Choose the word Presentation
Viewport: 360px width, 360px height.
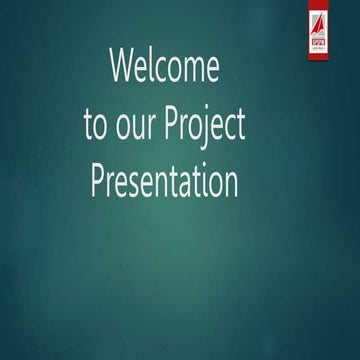tap(164, 183)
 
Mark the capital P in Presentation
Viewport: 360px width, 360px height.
tap(98, 181)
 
